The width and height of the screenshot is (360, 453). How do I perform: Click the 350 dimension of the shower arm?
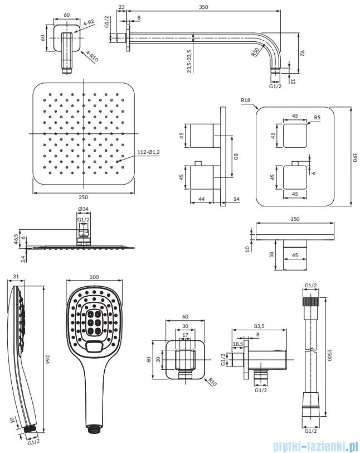(x=203, y=7)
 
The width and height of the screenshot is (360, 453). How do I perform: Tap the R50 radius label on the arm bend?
(x=255, y=52)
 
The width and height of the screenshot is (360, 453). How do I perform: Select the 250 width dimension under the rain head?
(x=83, y=197)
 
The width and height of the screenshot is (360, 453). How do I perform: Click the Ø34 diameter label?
(x=83, y=209)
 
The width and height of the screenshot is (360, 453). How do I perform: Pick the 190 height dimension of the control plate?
(x=354, y=157)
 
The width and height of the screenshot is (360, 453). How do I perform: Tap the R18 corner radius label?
(x=245, y=100)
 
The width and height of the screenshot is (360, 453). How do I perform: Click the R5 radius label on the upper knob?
(x=317, y=118)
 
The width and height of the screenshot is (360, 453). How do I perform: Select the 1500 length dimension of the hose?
(x=330, y=354)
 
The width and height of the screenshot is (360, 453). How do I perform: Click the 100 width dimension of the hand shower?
(x=94, y=277)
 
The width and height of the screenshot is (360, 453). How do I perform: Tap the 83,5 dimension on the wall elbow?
(x=260, y=326)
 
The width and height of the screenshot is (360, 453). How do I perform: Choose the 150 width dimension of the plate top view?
(x=295, y=219)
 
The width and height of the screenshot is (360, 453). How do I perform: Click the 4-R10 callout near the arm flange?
(x=93, y=56)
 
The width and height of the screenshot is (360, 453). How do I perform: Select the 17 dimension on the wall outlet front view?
(x=186, y=335)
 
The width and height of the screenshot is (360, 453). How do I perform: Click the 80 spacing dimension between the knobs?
(x=236, y=156)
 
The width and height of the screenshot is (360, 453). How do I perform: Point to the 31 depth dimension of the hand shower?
(x=16, y=277)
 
